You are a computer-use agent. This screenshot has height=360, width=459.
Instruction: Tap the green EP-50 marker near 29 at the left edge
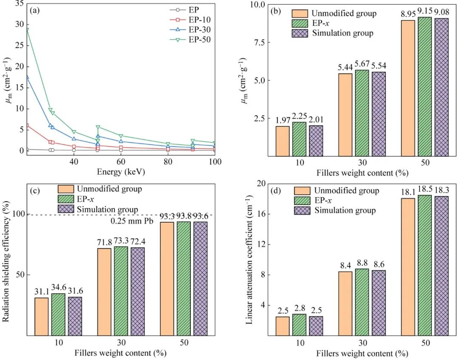point(27,30)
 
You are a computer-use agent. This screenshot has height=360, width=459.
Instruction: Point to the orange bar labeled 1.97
point(282,141)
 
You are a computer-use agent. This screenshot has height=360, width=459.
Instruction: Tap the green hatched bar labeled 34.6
point(58,314)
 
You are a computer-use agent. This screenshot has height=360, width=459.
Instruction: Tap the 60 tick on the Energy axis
point(121,162)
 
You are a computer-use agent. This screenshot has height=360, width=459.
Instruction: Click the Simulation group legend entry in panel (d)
point(345,210)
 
